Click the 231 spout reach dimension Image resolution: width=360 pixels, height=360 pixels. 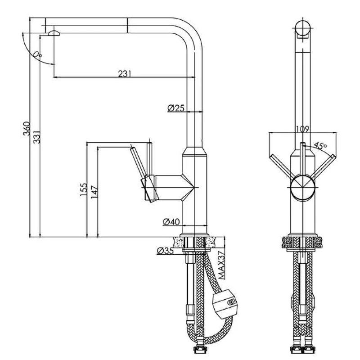[125, 74]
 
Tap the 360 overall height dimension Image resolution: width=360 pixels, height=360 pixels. [27, 129]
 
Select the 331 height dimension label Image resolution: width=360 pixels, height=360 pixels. [36, 137]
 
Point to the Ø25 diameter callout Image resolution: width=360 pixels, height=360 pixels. [176, 108]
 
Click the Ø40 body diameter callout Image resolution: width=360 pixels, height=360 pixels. [171, 222]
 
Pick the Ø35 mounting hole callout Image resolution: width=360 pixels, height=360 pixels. [165, 251]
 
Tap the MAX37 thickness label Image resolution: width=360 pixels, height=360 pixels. [221, 265]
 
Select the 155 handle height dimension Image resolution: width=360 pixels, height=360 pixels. [84, 189]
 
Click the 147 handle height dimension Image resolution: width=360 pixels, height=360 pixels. [94, 192]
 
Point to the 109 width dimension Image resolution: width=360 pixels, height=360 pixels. [302, 129]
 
